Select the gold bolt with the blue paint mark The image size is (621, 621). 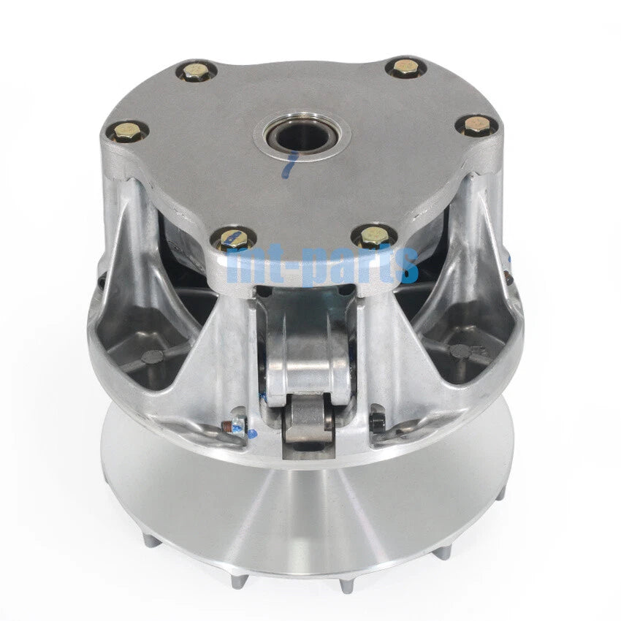tap(232, 240)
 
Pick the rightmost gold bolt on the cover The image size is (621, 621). tap(476, 125)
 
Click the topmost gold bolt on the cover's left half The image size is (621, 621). tap(195, 72)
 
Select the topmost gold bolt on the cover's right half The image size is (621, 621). tap(404, 67)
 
